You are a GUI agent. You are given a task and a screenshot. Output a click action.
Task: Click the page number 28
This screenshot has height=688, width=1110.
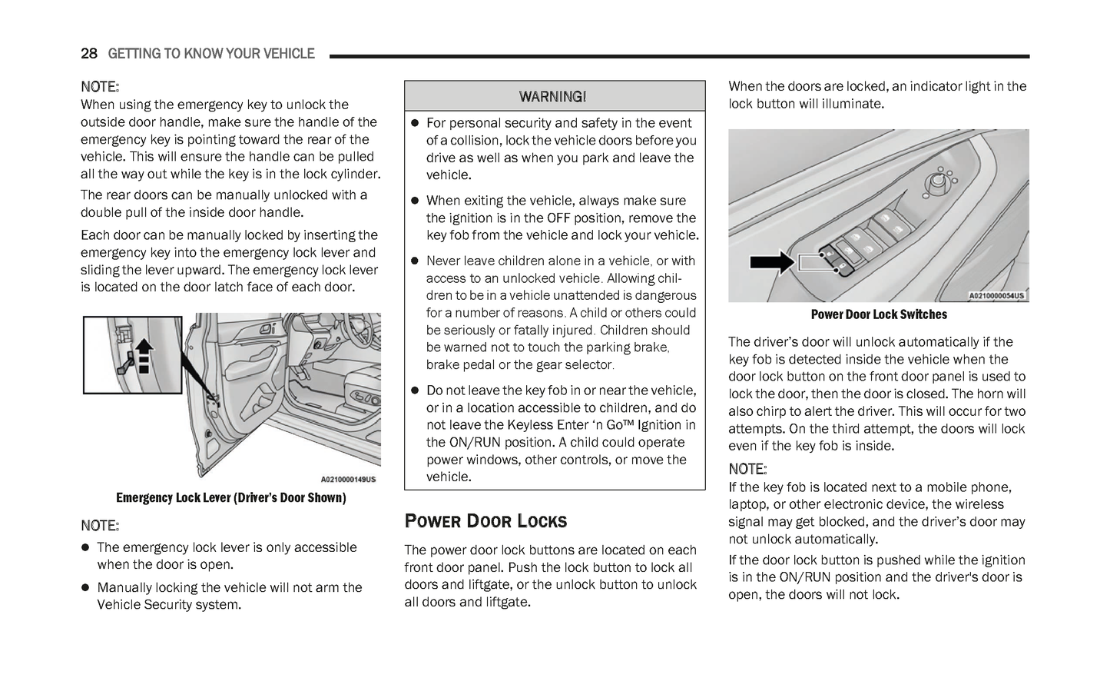tap(89, 54)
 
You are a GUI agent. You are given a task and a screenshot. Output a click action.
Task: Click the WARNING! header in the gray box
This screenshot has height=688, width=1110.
tap(553, 97)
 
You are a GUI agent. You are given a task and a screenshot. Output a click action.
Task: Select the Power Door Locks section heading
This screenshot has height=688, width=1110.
tap(485, 521)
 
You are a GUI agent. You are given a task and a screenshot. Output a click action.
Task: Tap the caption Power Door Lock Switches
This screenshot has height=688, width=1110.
tap(879, 314)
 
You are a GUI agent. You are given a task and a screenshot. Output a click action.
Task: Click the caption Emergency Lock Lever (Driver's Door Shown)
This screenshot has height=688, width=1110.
tap(230, 498)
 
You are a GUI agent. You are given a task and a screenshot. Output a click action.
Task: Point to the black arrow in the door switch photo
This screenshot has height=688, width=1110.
tap(771, 262)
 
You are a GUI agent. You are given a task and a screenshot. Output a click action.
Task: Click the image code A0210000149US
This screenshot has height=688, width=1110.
tap(348, 480)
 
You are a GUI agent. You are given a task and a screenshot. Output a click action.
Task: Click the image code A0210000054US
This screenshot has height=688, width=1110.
tap(996, 296)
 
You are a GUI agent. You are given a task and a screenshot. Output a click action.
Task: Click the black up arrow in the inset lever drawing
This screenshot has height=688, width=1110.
tap(144, 351)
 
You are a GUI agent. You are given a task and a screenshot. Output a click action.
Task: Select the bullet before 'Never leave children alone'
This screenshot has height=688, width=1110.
tap(413, 261)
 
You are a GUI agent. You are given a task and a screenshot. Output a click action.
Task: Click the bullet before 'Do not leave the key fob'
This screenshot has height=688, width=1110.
tap(413, 391)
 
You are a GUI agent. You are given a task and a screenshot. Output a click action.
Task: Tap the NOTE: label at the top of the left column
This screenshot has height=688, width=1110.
tap(100, 87)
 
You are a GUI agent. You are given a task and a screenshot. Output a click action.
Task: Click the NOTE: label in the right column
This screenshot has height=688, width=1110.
tap(747, 469)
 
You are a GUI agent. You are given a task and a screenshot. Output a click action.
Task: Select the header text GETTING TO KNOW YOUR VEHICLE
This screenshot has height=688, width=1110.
tap(211, 54)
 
